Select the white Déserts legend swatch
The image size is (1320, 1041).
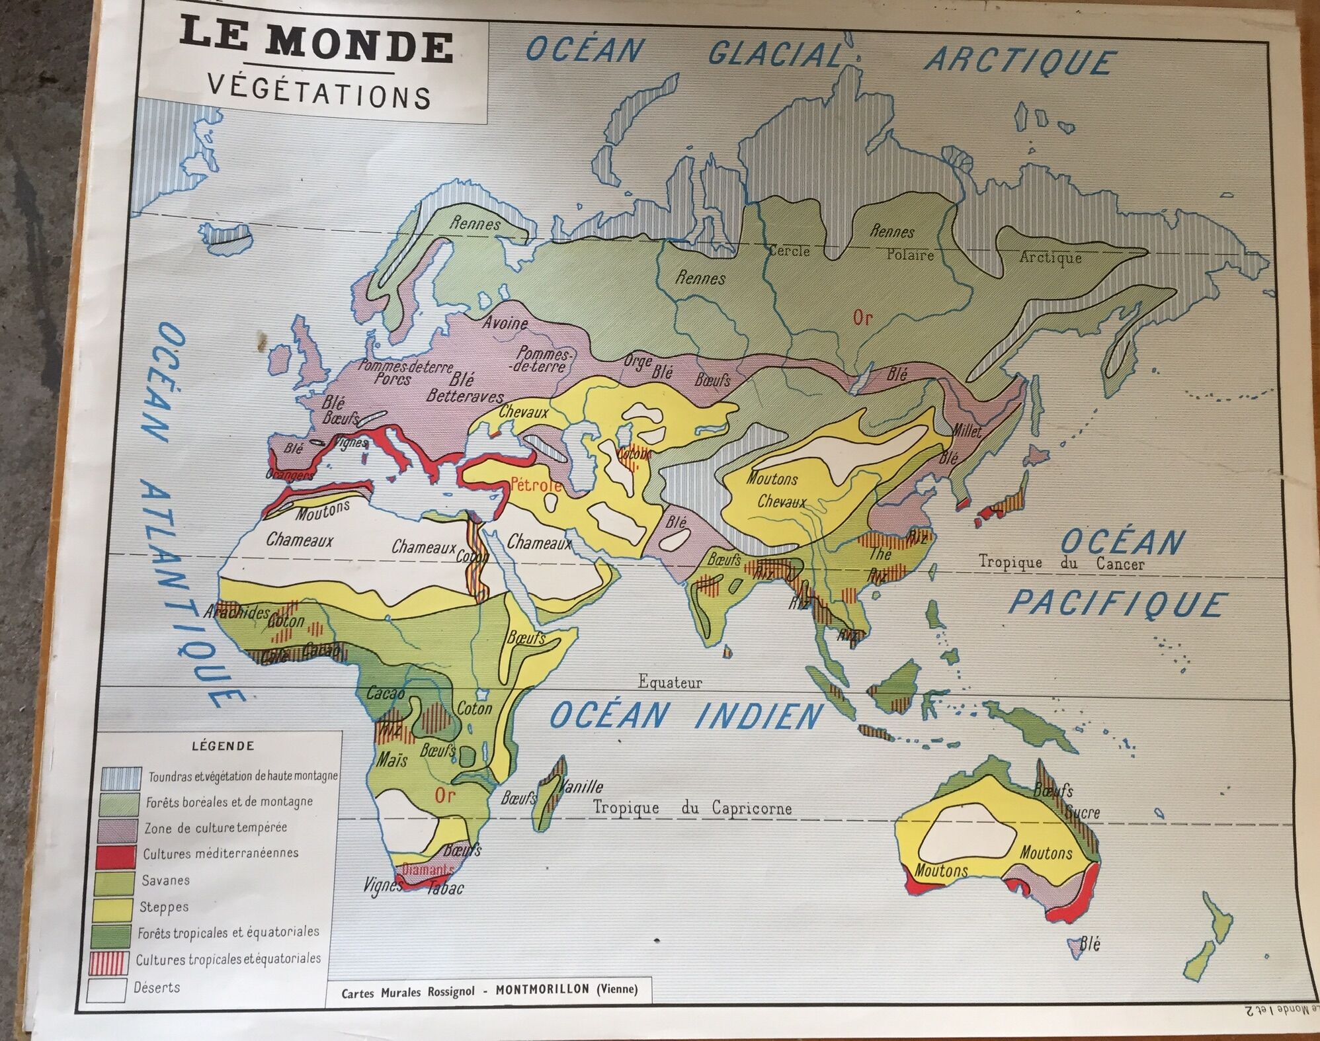[106, 989]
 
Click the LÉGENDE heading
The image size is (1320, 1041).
[223, 746]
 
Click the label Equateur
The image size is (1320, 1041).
[669, 682]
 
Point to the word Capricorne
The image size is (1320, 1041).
[751, 808]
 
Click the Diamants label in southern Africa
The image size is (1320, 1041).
[428, 870]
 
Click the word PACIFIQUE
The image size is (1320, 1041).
[1118, 604]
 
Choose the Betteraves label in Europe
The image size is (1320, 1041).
[465, 396]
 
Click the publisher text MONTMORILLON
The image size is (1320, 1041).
[542, 989]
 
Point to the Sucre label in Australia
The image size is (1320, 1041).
[1083, 813]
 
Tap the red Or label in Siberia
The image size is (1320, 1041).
[862, 318]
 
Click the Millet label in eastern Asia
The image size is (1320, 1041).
[966, 431]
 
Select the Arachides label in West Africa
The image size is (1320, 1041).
[236, 612]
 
